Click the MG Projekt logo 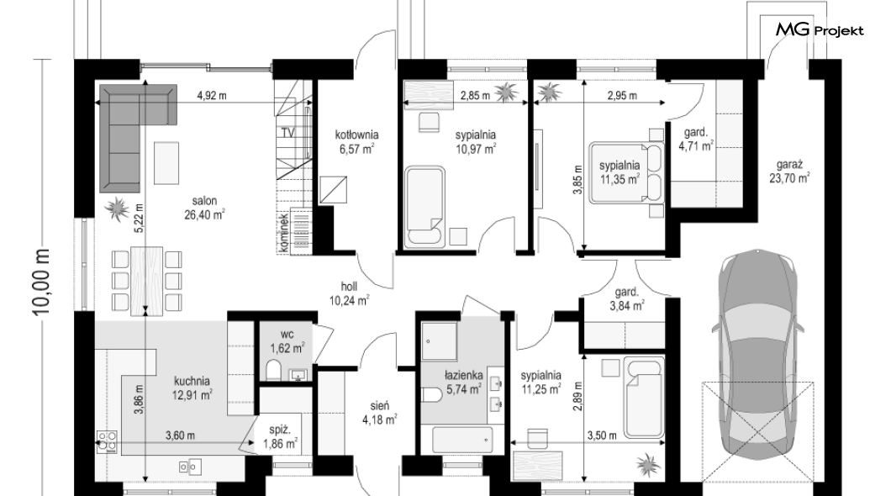coord(820,30)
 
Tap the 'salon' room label coord(204,201)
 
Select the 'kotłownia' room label coord(356,135)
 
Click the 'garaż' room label coord(789,166)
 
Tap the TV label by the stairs coord(288,133)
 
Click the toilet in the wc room coord(273,370)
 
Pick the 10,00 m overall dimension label coord(42,282)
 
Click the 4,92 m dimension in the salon coord(211,96)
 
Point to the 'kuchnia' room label coord(192,381)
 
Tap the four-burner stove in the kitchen coord(107,441)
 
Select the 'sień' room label coord(380,406)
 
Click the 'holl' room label coord(349,287)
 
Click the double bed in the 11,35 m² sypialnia coord(626,172)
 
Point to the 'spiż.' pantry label coord(280,430)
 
